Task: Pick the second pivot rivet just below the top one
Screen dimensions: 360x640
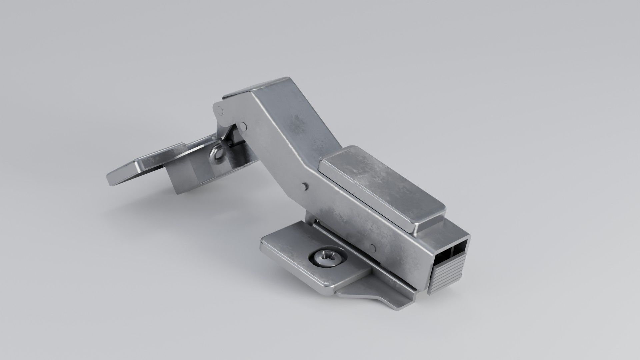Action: coord(244,126)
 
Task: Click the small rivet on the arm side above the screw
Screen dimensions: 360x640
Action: coord(373,247)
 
